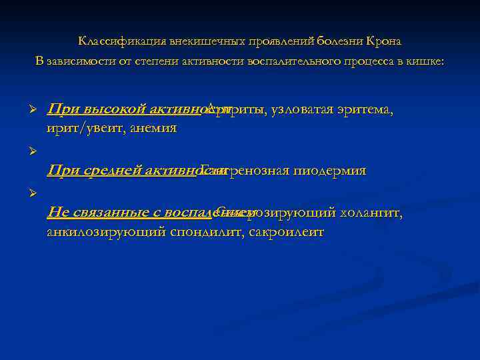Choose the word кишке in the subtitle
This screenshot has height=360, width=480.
427,61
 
